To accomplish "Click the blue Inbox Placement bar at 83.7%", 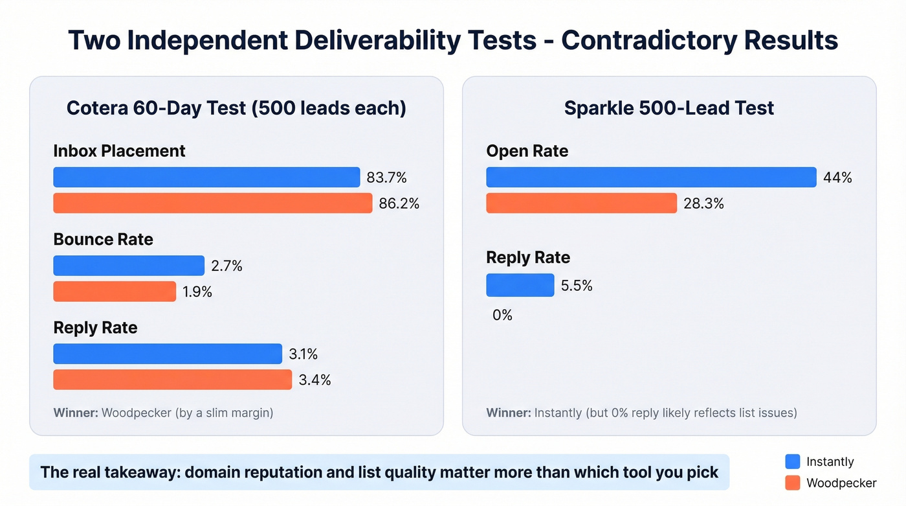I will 206,178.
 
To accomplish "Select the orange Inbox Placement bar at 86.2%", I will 212,203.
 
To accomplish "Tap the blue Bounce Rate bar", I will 129,266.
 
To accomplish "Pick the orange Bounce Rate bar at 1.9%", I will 115,292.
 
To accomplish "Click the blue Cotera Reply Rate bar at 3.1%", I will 168,354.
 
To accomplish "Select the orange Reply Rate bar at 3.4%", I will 172,380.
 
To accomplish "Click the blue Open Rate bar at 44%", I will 651,178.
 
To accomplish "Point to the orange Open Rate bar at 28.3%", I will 581,203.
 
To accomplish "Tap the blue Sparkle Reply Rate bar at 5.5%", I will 520,286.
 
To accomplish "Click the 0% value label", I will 502,316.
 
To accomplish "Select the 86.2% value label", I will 399,203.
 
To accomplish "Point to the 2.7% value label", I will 226,266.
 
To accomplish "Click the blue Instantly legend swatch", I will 793,461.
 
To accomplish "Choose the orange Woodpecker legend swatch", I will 793,483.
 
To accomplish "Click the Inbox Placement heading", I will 119,151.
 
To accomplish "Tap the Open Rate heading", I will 527,151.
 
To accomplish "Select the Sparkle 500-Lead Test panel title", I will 668,108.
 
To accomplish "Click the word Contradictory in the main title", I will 648,40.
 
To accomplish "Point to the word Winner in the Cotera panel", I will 74,413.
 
